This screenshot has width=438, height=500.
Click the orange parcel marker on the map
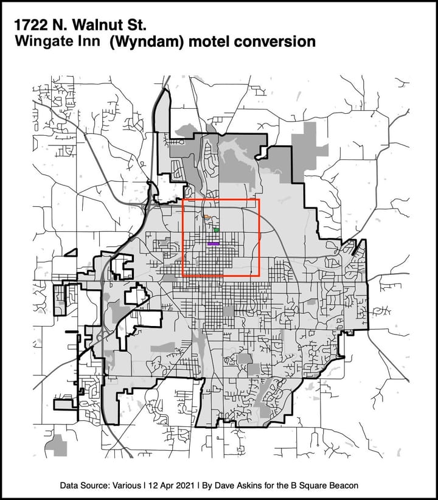(x=207, y=217)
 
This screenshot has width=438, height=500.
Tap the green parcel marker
(x=217, y=231)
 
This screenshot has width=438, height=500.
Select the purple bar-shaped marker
(x=213, y=243)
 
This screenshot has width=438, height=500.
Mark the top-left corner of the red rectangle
(x=183, y=200)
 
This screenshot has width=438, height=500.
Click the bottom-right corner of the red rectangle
(x=260, y=276)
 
